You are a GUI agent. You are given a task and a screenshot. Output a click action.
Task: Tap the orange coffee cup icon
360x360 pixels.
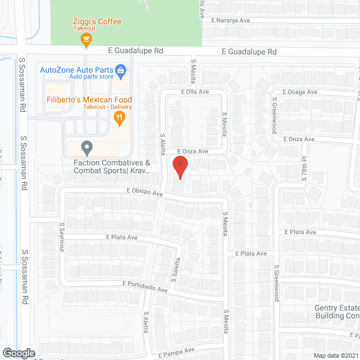click(85, 38)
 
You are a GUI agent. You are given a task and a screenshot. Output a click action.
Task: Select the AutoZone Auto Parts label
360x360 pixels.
click(76, 70)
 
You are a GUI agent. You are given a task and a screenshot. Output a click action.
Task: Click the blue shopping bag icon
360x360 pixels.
click(120, 71)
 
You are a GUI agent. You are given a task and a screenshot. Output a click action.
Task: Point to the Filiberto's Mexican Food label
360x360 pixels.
click(89, 100)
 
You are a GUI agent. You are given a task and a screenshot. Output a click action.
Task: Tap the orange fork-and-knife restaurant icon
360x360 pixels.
click(119, 117)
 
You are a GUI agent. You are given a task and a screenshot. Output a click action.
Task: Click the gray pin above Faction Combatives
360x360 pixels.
click(87, 148)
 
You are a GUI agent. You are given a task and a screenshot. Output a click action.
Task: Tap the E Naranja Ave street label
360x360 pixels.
click(231, 20)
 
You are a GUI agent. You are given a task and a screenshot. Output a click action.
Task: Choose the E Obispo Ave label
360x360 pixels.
click(144, 192)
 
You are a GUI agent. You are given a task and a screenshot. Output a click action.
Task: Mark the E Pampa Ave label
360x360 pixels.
click(176, 352)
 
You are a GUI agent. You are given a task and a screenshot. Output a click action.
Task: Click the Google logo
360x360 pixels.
click(18, 353)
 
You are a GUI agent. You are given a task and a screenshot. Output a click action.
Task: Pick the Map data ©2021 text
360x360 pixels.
click(335, 355)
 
